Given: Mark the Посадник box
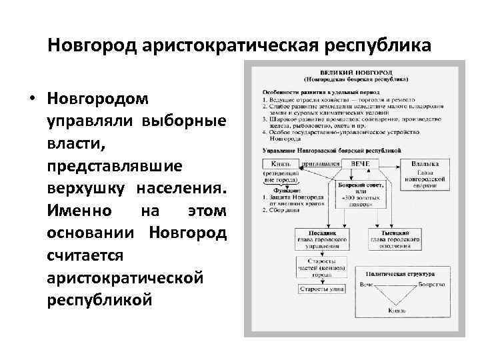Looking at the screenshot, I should pos(325,238).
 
